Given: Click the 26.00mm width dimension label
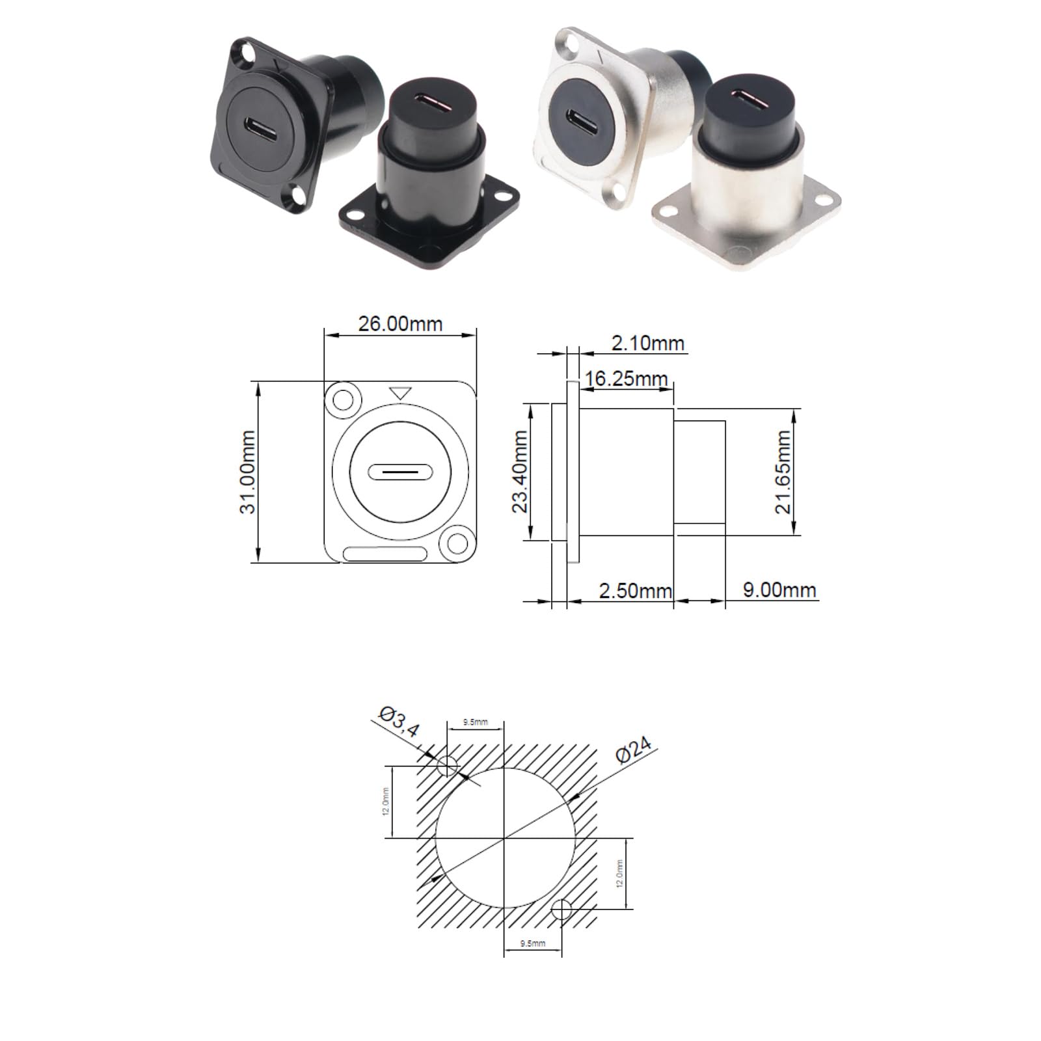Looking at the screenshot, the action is click(400, 323).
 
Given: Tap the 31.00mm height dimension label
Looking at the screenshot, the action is click(248, 472).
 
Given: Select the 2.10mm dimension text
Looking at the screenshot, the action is click(648, 342).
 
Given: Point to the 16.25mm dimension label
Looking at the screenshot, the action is click(627, 378).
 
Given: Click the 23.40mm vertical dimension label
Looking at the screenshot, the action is click(520, 472).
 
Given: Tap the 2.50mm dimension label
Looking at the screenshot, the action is click(635, 591).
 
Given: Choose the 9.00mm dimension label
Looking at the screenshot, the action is click(779, 589).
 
